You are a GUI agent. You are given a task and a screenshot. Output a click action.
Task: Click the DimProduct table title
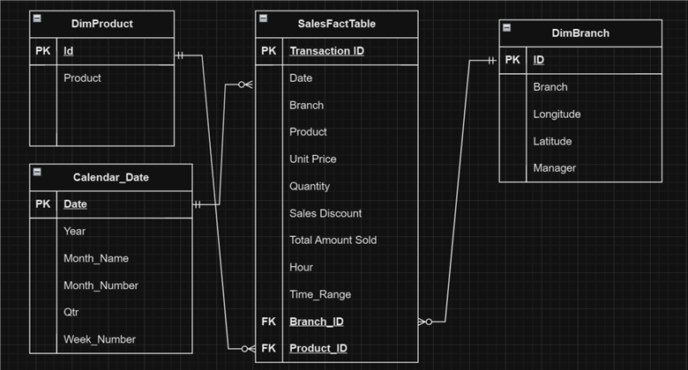pyautogui.click(x=101, y=24)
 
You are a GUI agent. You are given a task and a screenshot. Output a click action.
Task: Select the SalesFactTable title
pyautogui.click(x=336, y=24)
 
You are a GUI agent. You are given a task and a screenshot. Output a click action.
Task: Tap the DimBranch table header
pyautogui.click(x=580, y=33)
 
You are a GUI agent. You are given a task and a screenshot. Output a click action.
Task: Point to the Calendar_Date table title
pyautogui.click(x=110, y=177)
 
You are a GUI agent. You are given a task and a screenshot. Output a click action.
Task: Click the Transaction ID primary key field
pyautogui.click(x=326, y=51)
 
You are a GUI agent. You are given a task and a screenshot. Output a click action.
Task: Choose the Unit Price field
pyautogui.click(x=312, y=159)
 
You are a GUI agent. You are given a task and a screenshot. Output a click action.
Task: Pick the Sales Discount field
pyautogui.click(x=325, y=213)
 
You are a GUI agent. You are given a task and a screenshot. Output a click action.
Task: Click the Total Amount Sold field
pyautogui.click(x=333, y=240)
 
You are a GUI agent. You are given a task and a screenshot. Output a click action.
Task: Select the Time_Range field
pyautogui.click(x=320, y=294)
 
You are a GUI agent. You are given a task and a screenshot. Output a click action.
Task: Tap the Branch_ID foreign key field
pyautogui.click(x=316, y=322)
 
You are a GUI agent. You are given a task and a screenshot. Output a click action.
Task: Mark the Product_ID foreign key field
pyautogui.click(x=318, y=348)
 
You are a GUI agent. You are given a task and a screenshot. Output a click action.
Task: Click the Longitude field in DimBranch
pyautogui.click(x=557, y=114)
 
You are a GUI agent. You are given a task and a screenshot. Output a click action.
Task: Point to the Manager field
pyautogui.click(x=555, y=167)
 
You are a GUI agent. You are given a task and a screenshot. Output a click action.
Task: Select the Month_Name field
pyautogui.click(x=96, y=258)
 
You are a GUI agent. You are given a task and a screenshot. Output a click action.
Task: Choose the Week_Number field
pyautogui.click(x=100, y=339)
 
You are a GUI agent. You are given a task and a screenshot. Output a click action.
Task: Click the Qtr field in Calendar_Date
pyautogui.click(x=72, y=312)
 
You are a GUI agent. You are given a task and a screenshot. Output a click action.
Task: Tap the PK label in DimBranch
pyautogui.click(x=512, y=61)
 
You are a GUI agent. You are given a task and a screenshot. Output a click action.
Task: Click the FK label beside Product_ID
pyautogui.click(x=269, y=348)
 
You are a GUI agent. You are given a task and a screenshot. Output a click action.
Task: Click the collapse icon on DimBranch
pyautogui.click(x=507, y=27)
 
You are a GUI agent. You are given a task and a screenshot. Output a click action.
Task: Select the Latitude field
pyautogui.click(x=552, y=141)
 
